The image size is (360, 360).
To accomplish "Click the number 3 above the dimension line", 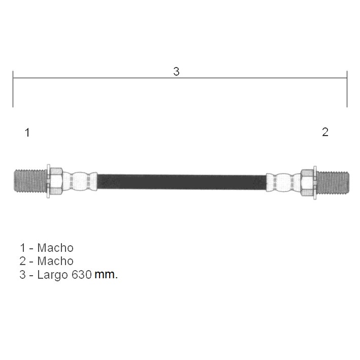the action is [176, 72].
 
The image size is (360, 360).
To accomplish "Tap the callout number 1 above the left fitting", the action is [27, 133].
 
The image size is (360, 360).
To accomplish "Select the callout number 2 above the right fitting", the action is [325, 132].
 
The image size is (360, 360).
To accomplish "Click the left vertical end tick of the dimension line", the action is [13, 89].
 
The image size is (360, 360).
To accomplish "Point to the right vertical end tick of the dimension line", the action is [347, 89].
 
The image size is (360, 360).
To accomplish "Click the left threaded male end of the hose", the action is [30, 181].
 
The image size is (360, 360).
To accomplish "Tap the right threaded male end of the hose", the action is [333, 182].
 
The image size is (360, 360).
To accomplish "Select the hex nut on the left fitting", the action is [56, 181].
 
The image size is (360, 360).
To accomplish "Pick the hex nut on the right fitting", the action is [307, 183].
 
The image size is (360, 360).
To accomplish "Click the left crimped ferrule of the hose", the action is [80, 181].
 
